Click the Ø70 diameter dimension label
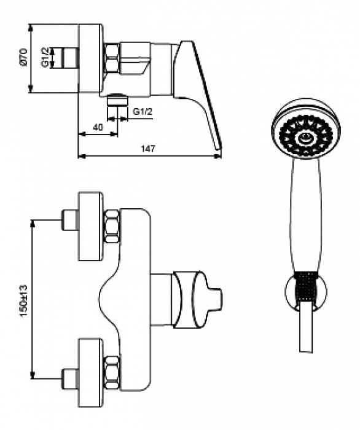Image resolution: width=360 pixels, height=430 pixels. click(23, 58)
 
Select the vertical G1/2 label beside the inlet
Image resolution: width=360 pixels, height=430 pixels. click(45, 58)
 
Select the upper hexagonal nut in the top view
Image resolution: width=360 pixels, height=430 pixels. click(112, 225)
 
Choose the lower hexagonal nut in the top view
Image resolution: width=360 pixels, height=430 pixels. click(112, 372)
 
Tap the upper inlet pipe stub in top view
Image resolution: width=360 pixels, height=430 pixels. click(69, 220)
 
